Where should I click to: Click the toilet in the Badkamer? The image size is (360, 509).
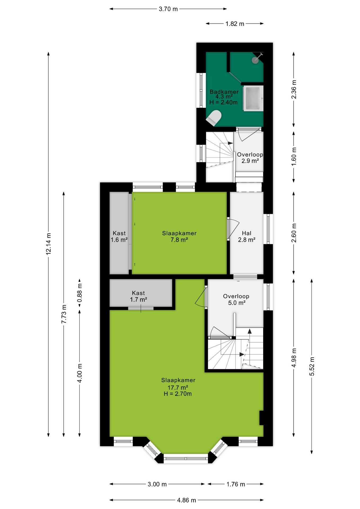pos(214,118)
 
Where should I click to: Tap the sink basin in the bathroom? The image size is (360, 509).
pos(253,98)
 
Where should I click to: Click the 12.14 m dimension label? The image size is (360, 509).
pos(49,244)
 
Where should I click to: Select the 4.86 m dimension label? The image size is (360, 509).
pos(187,500)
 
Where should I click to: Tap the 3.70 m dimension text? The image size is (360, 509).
pos(168,9)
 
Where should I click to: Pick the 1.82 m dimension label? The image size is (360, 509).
pos(235,24)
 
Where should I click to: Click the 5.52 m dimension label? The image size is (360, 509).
pos(312,366)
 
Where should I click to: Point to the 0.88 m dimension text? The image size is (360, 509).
pos(80,293)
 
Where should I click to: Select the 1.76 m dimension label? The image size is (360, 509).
pos(236,484)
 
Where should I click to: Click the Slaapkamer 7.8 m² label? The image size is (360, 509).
pos(179,236)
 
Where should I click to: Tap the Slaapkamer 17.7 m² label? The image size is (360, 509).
pos(178,384)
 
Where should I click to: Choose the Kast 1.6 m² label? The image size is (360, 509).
pos(119,236)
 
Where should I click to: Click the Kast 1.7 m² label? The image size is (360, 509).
pos(138,296)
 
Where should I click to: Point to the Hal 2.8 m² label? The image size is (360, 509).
pos(247,236)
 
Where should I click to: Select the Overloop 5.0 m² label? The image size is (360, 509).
pos(236,300)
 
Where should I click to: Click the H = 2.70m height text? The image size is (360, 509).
pos(178,394)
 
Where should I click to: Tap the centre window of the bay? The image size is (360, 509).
pos(186,458)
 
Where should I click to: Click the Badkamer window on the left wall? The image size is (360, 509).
pos(201,90)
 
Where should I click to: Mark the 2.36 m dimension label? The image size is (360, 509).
pos(294,89)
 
